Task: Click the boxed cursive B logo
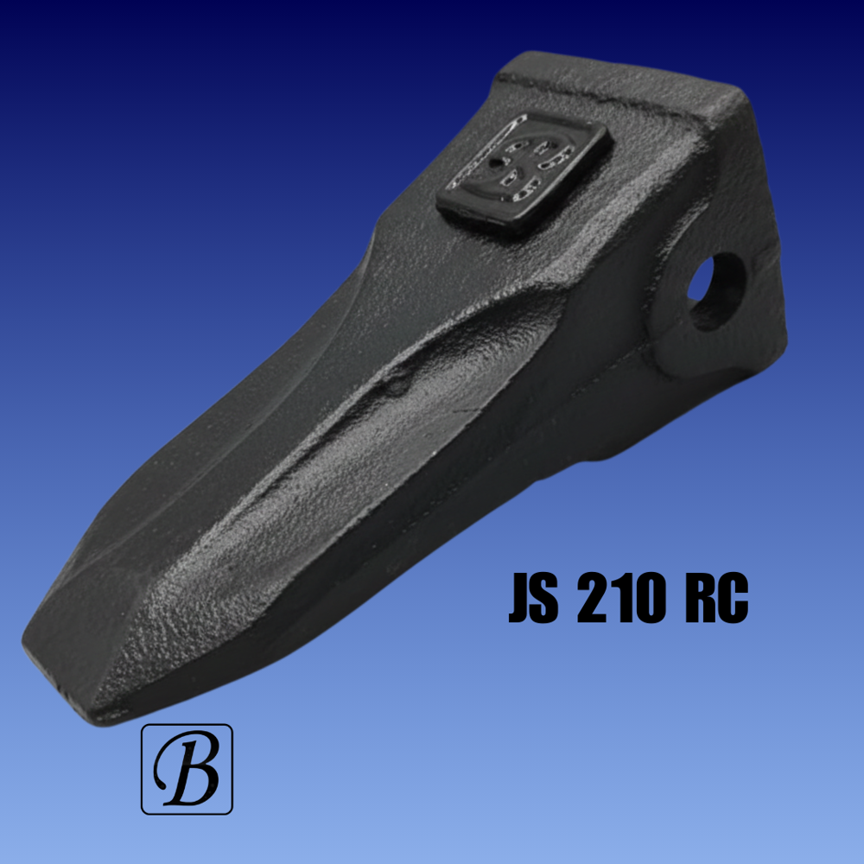[x=187, y=769]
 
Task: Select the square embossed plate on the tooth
[x=524, y=173]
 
